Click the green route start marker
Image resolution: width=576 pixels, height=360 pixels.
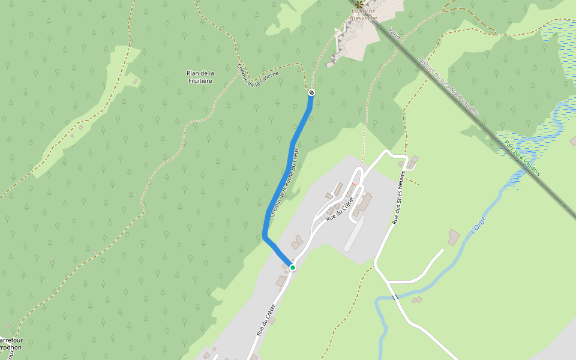point(293,267)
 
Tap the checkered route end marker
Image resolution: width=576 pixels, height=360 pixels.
point(311,92)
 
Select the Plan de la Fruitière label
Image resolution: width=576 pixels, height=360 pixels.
point(200,77)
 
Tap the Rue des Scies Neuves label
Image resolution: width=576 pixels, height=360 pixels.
point(400,197)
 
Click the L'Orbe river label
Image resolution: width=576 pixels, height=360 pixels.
point(478,224)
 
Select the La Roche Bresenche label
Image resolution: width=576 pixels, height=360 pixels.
point(364,14)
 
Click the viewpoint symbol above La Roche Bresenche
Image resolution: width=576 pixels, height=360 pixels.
point(359,4)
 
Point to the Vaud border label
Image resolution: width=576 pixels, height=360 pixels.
point(394,33)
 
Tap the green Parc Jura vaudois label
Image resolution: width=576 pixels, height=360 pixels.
point(522,158)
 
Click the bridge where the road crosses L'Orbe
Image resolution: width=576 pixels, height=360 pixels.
point(395,297)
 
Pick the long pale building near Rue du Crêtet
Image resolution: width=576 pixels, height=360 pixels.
point(354,234)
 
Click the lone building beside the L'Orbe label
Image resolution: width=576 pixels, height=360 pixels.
point(454,237)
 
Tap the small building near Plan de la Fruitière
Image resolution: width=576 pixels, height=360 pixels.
point(136,81)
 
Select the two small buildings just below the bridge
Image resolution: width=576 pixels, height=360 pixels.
point(417,300)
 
